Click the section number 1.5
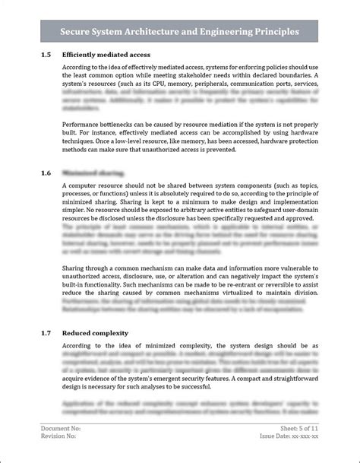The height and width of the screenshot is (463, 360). pyautogui.click(x=46, y=55)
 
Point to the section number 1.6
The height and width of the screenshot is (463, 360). pyautogui.click(x=46, y=173)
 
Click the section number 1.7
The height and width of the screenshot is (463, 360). pyautogui.click(x=46, y=332)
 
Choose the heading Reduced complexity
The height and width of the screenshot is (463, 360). pyautogui.click(x=95, y=332)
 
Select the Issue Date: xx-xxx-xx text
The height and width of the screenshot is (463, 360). pyautogui.click(x=289, y=437)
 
